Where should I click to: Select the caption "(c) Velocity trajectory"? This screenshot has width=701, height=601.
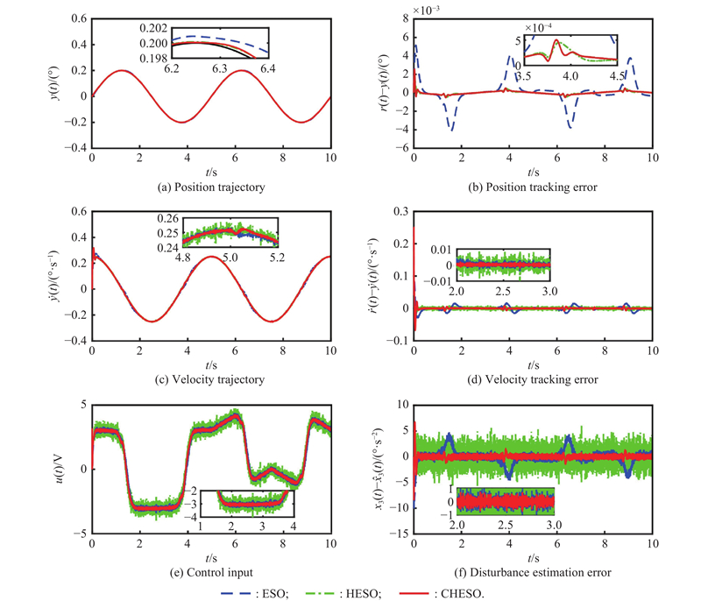211,379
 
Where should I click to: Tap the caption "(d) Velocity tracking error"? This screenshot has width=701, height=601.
533,379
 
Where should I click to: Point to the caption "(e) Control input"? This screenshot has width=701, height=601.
211,573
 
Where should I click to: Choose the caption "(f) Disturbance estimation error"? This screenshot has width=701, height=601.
533,573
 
